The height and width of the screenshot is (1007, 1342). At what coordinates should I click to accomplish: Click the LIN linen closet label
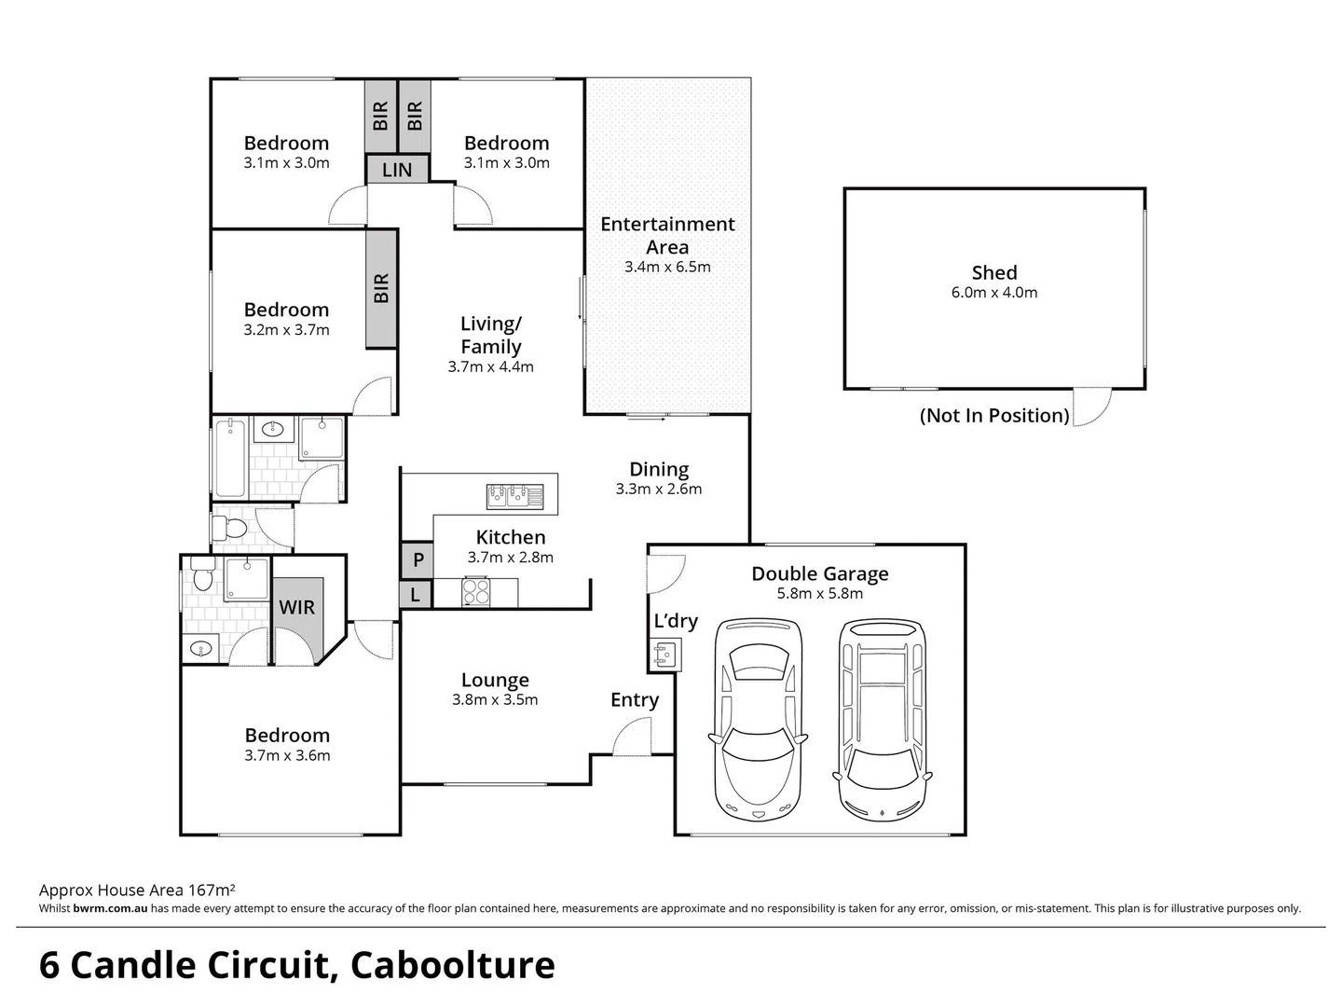point(397,170)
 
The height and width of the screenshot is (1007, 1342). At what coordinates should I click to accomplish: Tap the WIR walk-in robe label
point(297,607)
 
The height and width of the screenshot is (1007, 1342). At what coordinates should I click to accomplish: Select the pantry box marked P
point(418,559)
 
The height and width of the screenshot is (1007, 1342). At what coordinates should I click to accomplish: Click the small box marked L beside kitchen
point(416,594)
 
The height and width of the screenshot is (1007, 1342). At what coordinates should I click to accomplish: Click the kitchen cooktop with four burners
point(476,592)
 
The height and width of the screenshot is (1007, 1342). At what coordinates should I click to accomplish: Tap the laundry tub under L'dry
point(664,655)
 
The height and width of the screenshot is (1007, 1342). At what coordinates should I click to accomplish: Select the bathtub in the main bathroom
point(229,458)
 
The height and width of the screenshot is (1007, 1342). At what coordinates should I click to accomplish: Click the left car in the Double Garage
point(758,721)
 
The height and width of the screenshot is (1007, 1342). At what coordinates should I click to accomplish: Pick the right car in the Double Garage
point(882,721)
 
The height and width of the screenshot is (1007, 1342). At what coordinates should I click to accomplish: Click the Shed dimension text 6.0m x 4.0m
point(993,293)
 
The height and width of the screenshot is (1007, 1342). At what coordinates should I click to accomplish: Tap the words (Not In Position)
point(994,416)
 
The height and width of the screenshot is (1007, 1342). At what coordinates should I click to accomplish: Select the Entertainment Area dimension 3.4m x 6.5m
point(667,268)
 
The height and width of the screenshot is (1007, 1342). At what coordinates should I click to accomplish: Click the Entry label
point(635,700)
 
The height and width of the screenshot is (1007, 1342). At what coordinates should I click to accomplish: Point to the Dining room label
point(659,470)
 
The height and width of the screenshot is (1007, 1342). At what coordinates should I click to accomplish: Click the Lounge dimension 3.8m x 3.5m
point(495,700)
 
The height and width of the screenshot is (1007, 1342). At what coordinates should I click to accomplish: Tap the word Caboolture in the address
point(453,966)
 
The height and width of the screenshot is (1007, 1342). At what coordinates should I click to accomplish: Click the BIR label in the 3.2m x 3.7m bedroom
point(381,289)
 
